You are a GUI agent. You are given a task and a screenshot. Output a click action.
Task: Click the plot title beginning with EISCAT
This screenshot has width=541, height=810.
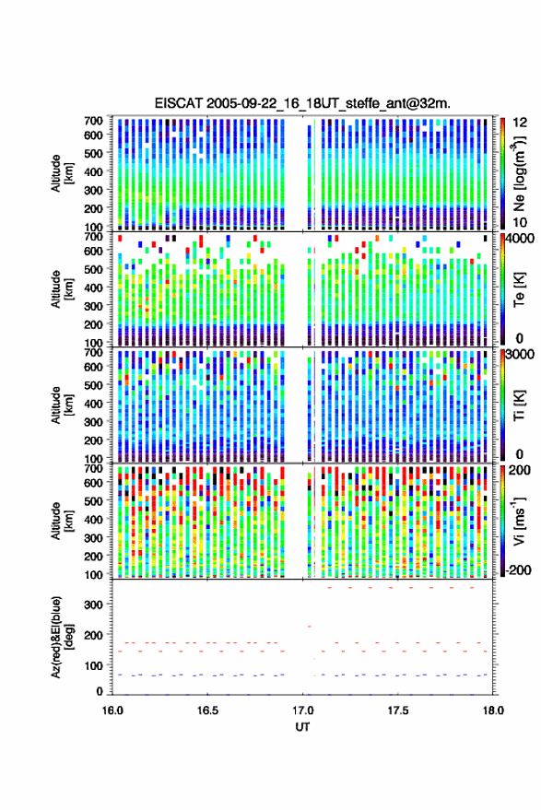(302, 103)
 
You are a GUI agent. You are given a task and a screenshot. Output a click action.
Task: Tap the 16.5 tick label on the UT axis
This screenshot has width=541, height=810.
(207, 710)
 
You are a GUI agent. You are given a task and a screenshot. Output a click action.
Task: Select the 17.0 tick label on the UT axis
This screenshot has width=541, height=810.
(302, 710)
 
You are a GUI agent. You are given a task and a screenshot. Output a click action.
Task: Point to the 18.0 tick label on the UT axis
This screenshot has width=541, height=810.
(493, 710)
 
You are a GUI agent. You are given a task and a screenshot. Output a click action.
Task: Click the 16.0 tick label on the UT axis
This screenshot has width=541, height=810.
(112, 710)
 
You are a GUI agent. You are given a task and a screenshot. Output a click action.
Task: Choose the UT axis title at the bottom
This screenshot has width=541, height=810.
(302, 727)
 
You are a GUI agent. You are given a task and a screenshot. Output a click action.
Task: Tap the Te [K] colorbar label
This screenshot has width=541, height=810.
(519, 289)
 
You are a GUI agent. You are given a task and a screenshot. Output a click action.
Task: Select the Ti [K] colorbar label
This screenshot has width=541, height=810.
(519, 405)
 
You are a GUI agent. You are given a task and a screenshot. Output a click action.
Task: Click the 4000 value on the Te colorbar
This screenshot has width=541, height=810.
(520, 239)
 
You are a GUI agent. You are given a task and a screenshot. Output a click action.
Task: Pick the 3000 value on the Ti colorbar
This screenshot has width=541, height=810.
(520, 355)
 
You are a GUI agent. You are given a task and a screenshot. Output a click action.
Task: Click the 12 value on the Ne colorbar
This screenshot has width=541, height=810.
(520, 123)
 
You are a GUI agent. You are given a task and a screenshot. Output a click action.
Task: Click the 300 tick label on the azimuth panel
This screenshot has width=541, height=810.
(93, 605)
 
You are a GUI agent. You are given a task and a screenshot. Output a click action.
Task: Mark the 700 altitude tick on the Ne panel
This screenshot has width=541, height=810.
(93, 121)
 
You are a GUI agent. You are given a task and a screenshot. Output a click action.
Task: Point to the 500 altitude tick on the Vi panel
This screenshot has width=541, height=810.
(93, 500)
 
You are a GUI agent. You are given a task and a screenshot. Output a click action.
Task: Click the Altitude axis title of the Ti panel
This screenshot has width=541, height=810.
(63, 405)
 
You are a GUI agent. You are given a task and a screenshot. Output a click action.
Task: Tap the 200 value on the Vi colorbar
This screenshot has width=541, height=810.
(520, 470)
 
